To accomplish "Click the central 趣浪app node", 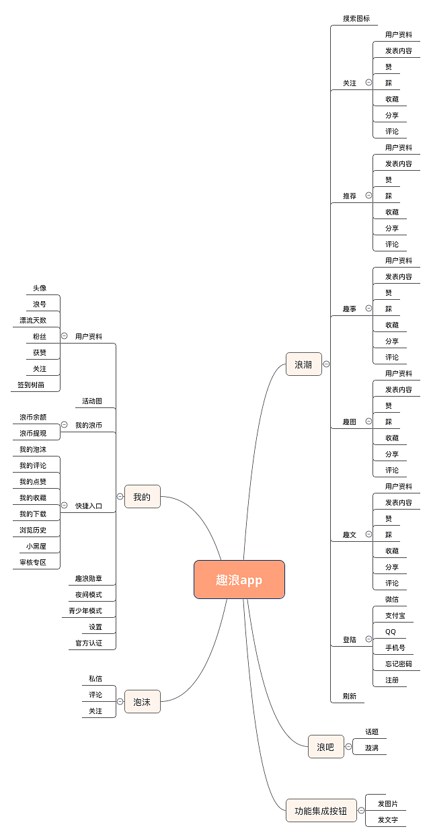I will [239, 580].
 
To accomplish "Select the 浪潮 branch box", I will [303, 364].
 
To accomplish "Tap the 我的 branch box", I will [142, 497].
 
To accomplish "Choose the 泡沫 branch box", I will [142, 702].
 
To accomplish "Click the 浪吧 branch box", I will [325, 746].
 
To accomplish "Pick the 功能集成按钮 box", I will [321, 811].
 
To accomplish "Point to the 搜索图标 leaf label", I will [356, 18].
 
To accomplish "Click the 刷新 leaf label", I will [350, 696].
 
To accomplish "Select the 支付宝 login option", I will [395, 615].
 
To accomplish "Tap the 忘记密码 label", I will [399, 664].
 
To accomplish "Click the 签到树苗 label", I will [31, 385].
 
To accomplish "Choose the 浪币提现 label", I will [33, 433].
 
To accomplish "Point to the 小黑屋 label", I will [36, 546].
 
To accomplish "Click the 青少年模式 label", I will [85, 610].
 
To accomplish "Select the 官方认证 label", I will [89, 643].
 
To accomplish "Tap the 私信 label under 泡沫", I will [95, 678].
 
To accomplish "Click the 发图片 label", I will [388, 803].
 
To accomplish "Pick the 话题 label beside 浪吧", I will [372, 731].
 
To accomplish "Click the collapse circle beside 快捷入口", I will [65, 505].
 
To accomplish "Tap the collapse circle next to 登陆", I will [368, 639].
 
